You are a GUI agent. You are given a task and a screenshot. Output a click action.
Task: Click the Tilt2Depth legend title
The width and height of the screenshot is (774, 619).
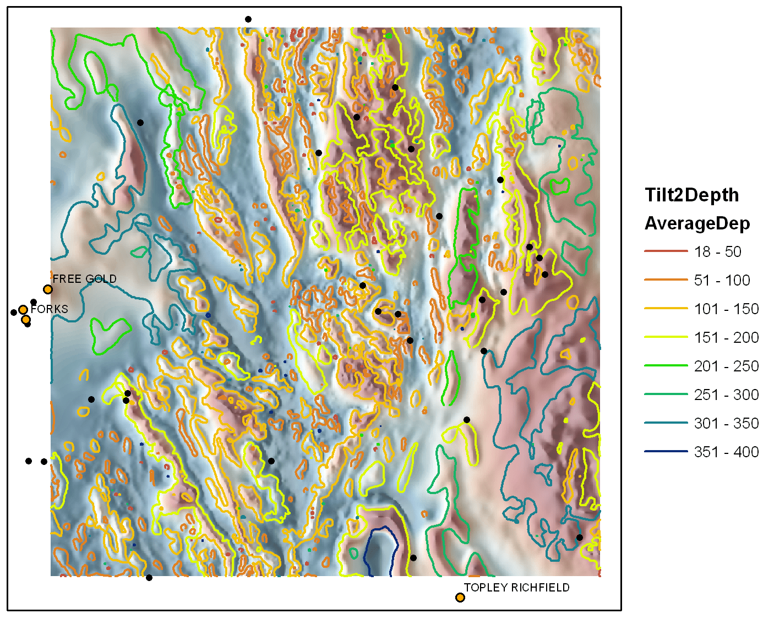[x=691, y=195]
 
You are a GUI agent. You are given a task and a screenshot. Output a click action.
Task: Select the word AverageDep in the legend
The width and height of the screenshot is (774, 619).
[x=697, y=223]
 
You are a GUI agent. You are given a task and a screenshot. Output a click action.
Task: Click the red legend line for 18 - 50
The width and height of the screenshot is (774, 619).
[x=666, y=251]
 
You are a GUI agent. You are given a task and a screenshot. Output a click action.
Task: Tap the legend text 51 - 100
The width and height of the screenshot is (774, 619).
[x=722, y=280]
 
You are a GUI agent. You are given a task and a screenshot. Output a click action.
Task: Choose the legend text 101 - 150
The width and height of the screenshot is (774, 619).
[x=726, y=309]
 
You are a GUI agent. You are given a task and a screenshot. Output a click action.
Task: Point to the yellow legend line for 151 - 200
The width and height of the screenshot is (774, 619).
[x=666, y=337]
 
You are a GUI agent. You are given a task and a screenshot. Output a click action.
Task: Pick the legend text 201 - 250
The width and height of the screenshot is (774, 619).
[x=726, y=366]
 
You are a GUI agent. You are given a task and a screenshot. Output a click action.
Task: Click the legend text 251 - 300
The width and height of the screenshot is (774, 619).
[x=726, y=395]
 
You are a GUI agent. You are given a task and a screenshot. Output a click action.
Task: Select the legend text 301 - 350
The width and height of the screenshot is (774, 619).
[x=726, y=423]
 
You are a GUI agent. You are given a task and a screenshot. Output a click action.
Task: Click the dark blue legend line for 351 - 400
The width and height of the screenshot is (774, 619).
[x=666, y=451]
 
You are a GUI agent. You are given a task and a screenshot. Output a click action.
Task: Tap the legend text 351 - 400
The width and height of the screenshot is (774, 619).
[x=726, y=452]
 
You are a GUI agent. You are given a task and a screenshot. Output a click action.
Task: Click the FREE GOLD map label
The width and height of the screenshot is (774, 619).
[x=84, y=279]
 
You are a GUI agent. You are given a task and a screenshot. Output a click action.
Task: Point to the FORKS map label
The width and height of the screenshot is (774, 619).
[x=50, y=309]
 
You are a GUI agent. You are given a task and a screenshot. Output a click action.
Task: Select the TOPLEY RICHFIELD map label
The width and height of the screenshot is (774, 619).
[x=516, y=588]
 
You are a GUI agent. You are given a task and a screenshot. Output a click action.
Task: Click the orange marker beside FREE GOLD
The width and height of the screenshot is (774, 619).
[x=48, y=289]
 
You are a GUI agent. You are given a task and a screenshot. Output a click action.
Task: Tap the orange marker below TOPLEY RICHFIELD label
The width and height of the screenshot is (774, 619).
[x=460, y=598]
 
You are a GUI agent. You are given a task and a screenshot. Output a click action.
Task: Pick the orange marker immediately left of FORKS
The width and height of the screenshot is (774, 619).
[x=23, y=310]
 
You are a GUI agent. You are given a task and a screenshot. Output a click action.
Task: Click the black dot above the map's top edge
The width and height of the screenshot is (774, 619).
[x=248, y=19]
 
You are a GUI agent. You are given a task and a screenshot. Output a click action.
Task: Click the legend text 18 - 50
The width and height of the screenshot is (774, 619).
[x=717, y=251]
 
